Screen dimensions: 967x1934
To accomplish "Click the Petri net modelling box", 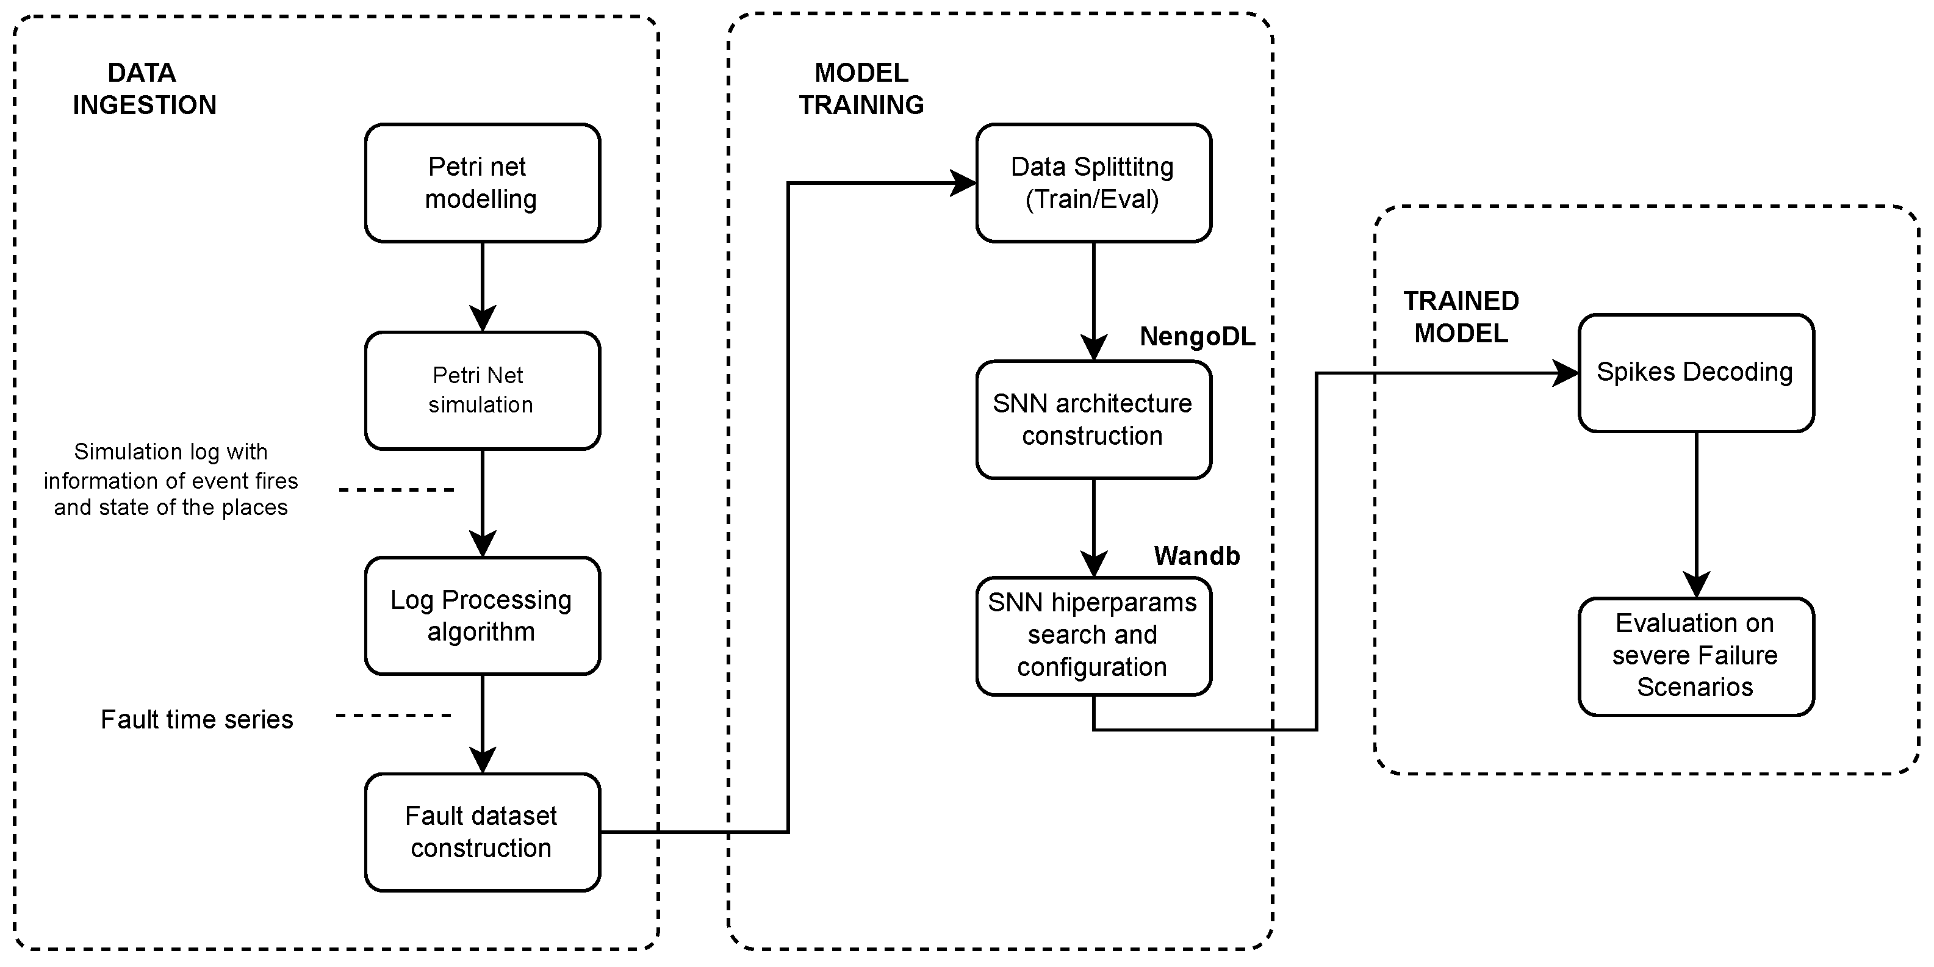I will point(482,183).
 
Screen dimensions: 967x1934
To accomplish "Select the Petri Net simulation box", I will point(482,390).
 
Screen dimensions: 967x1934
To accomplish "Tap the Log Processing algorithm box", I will point(482,616).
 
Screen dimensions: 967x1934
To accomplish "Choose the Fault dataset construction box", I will point(482,832).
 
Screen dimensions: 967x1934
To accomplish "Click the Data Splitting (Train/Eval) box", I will point(1093,183).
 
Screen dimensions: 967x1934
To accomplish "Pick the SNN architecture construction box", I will point(1093,420).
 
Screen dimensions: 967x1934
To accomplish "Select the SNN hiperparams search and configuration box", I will point(1093,635).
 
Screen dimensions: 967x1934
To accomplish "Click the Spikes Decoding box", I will point(1695,372).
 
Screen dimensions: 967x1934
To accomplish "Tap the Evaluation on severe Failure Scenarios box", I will point(1695,655).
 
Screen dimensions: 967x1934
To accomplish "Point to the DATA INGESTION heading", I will point(143,88).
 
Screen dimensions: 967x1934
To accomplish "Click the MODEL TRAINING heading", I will point(861,88).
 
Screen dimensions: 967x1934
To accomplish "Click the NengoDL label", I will point(1197,336).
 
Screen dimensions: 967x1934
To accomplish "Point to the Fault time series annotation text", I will point(196,719).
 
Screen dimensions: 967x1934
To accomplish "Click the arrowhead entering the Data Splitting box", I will point(963,182).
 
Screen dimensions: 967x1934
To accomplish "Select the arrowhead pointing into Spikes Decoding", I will point(1566,372).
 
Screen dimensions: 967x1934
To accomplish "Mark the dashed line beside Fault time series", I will point(394,716).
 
